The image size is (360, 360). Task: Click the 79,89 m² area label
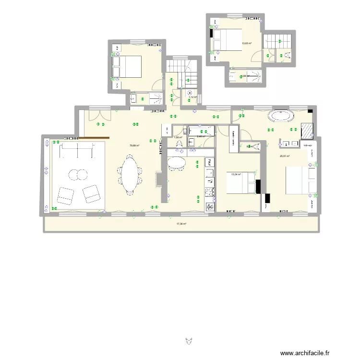[x=134, y=145]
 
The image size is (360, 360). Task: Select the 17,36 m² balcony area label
[x=181, y=224]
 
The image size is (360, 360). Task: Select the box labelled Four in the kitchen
[x=210, y=162]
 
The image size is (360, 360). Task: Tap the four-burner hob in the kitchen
[x=210, y=192]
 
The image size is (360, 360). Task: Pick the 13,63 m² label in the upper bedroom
[x=246, y=43]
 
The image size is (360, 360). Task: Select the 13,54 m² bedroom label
[x=235, y=175]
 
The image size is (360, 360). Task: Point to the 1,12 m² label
[x=192, y=97]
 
